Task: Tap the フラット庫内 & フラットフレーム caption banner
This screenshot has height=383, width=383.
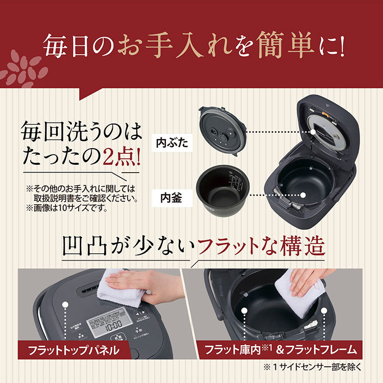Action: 280,351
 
